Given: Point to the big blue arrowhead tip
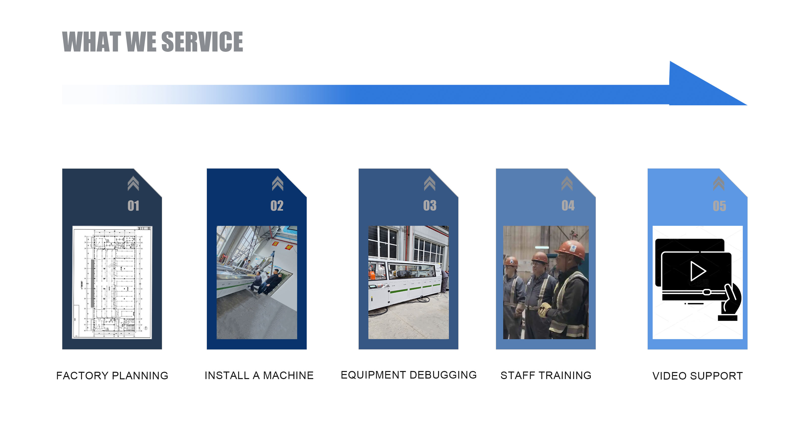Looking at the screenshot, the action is coord(747,105).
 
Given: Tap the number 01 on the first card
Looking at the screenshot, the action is coord(133,206).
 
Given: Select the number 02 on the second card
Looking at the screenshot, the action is coord(277,206).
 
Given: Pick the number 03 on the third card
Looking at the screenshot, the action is coord(430,206).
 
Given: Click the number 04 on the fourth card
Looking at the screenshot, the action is coord(568,206).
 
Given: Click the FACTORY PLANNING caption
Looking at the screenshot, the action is coord(112,376).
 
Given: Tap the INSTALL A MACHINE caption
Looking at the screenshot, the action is coord(259,375).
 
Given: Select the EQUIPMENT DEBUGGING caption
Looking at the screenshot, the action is coord(409,375).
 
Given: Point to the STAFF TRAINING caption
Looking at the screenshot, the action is coord(546,375).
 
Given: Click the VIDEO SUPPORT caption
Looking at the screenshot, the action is coord(697,376).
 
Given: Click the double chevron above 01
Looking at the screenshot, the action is coord(133,184).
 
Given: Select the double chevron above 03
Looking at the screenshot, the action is coord(430,184).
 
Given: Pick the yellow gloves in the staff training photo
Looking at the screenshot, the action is coord(545,309).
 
